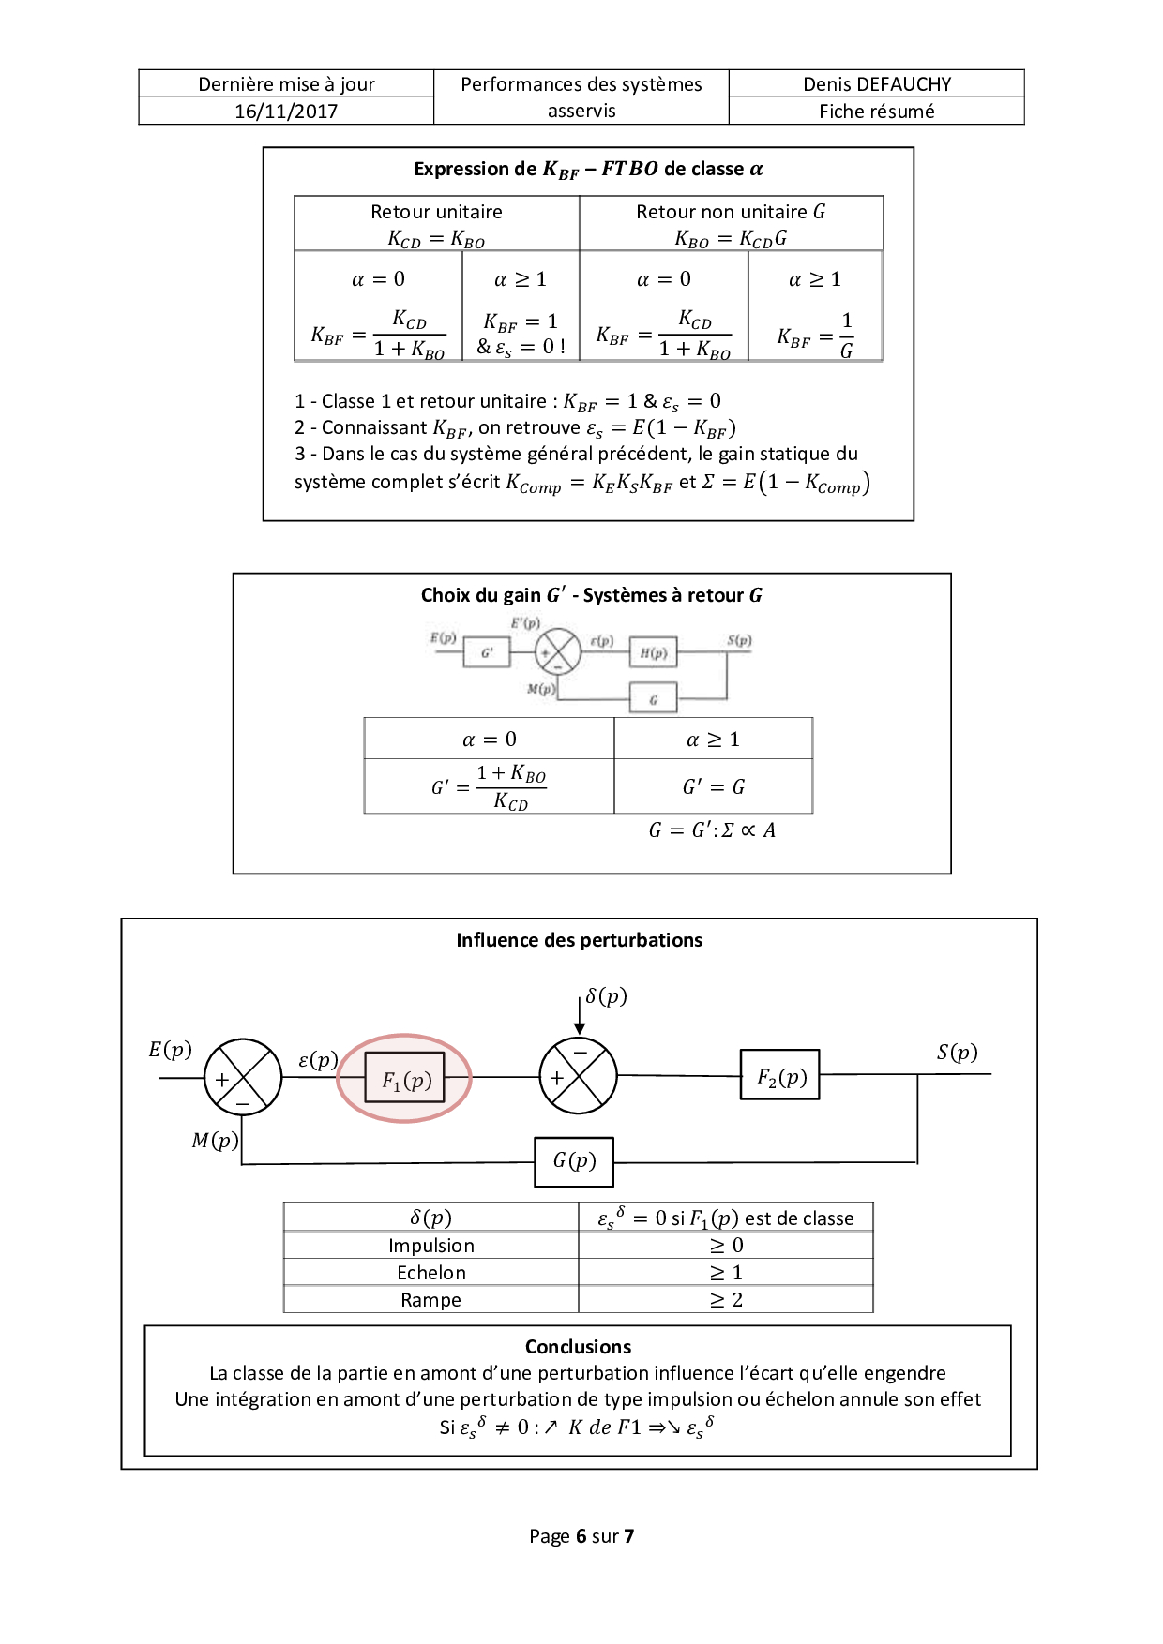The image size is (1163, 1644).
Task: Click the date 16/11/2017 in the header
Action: click(286, 112)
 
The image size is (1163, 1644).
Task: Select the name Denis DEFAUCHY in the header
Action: click(877, 84)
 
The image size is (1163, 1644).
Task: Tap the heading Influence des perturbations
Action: click(579, 940)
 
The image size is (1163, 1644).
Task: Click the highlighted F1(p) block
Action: click(405, 1080)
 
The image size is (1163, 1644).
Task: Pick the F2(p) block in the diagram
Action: click(780, 1076)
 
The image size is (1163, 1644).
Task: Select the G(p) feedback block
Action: click(574, 1161)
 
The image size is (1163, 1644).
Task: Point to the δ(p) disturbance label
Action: click(606, 995)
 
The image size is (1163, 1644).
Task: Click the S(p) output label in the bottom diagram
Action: click(957, 1052)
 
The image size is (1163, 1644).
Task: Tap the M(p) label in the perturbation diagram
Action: click(215, 1140)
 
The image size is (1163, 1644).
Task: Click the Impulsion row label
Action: click(431, 1246)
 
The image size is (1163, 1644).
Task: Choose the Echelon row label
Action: click(431, 1273)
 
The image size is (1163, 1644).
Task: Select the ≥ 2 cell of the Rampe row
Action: click(726, 1300)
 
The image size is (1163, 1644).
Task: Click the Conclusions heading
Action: click(578, 1347)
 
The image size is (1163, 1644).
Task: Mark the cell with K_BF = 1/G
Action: click(815, 335)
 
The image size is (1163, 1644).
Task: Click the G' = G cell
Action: click(713, 786)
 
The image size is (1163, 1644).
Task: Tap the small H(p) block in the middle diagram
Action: click(653, 653)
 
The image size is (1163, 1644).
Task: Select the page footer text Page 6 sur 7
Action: click(581, 1536)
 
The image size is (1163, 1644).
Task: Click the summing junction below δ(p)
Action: click(579, 1076)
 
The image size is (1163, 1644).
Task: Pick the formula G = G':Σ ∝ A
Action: click(712, 830)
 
